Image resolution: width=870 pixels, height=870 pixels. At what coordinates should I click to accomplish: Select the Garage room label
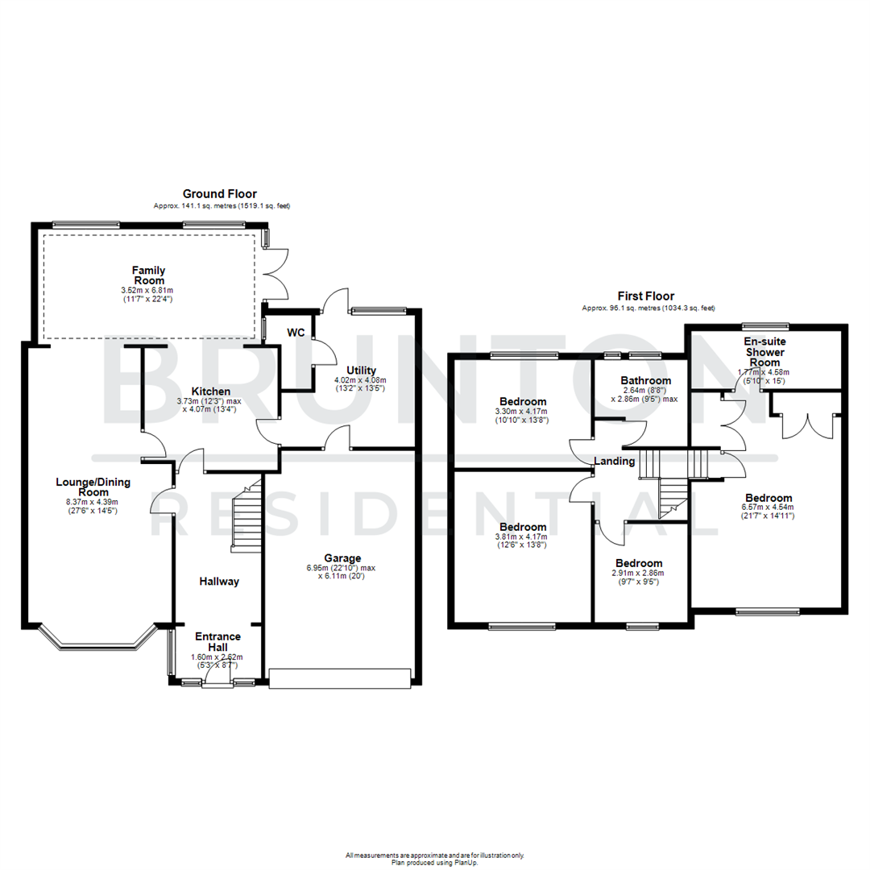coord(342,557)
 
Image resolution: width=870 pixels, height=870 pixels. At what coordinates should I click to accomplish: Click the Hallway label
coord(219,581)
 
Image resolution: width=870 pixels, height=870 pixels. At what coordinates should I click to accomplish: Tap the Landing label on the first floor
coord(615,461)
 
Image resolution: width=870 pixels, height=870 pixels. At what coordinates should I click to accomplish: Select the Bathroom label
coord(645,380)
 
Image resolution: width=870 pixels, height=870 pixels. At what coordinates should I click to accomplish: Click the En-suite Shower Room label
coord(764,352)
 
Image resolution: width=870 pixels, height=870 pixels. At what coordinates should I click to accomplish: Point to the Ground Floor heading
coord(219,193)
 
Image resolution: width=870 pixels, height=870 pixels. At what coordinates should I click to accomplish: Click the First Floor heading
coord(645,296)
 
